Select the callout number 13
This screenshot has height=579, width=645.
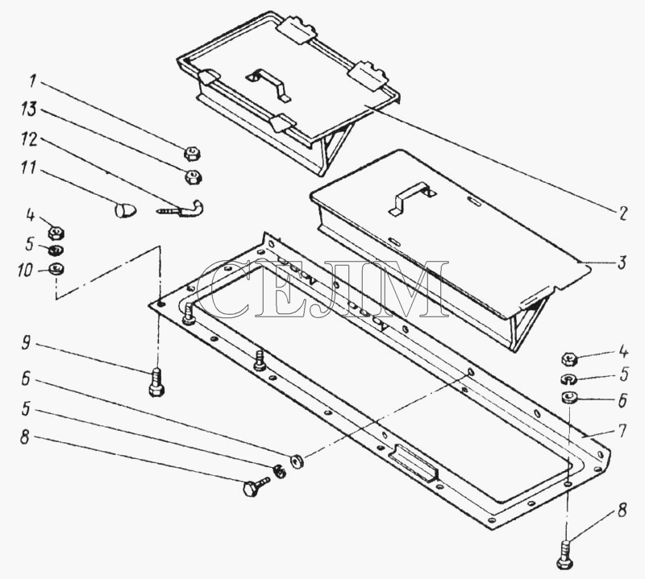click(x=29, y=110)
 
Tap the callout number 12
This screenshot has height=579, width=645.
click(x=29, y=139)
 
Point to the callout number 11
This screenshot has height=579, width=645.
click(x=28, y=168)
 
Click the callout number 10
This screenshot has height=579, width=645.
click(x=25, y=271)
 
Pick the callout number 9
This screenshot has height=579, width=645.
click(x=26, y=342)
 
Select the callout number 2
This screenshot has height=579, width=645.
click(x=622, y=213)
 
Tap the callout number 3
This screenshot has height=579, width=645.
click(x=622, y=263)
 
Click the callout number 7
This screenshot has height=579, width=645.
click(x=622, y=431)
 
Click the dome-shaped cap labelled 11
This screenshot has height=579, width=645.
click(x=125, y=209)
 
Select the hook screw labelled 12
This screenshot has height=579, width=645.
click(x=181, y=209)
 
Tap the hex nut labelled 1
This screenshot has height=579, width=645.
click(x=192, y=154)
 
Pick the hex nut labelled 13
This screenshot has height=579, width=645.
click(x=192, y=176)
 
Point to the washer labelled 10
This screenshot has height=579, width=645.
click(x=56, y=269)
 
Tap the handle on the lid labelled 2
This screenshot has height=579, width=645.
click(x=269, y=84)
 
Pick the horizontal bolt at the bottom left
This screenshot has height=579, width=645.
click(x=256, y=486)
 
